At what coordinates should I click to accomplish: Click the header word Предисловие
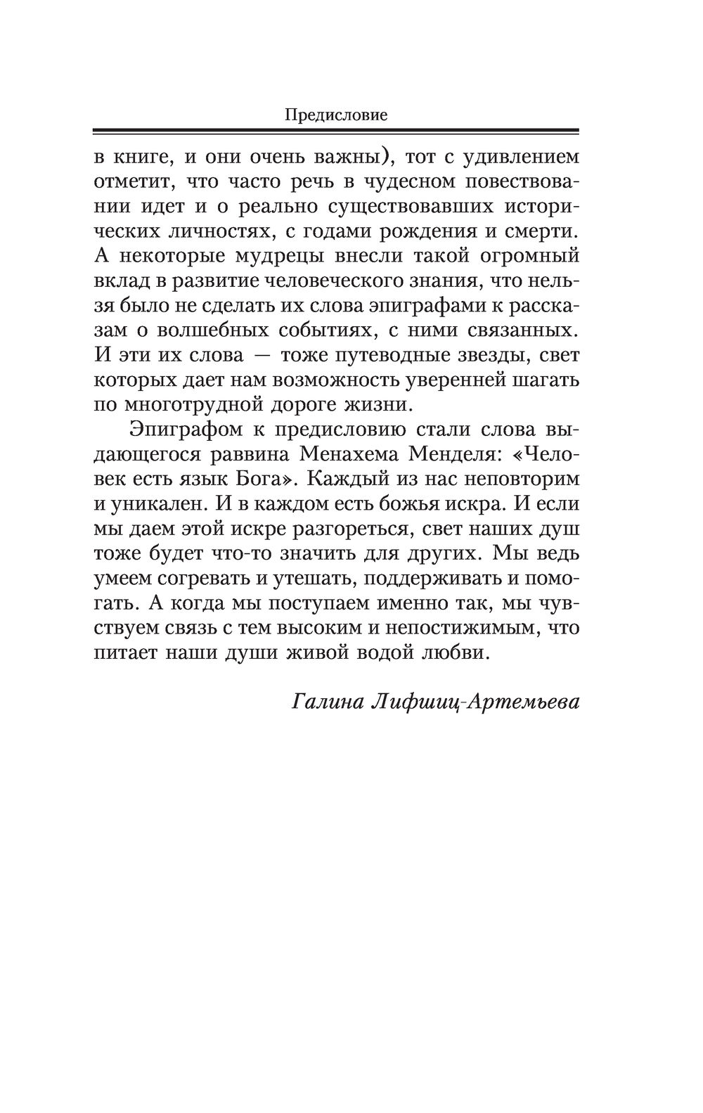pyautogui.click(x=336, y=115)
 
